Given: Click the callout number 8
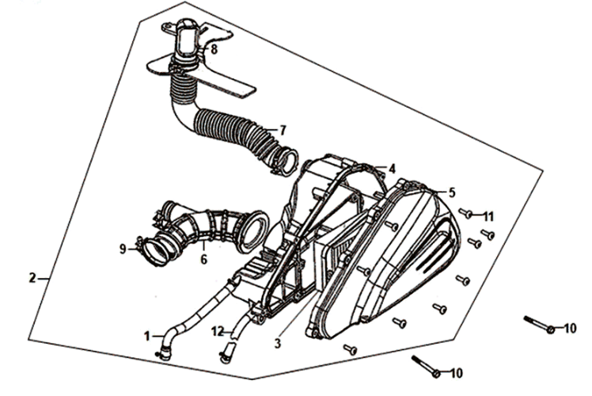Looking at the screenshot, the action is coord(214,49).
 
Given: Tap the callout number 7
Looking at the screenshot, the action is coord(283,131).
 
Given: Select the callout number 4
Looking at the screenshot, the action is coord(393,169).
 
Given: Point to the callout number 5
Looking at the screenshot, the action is coord(452,192).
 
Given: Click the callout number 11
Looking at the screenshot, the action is coord(488,217).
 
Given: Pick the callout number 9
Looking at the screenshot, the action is coord(123,249).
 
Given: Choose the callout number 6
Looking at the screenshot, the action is coord(204,260).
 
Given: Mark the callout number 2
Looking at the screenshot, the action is coord(32,279).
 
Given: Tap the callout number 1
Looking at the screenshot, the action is coord(147,336).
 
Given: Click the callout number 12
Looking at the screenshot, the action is coord(218,332).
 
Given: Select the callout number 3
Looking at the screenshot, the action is coord(278,344).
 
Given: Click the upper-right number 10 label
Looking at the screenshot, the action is coord(570,329).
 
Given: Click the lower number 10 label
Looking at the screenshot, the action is coord(456,373).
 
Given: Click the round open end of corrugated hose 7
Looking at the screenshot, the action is coord(289,162).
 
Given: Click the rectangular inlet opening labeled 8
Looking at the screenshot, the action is coord(186,42).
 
